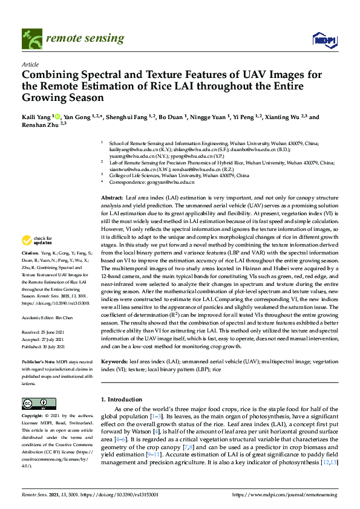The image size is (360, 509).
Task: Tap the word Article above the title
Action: coord(30,64)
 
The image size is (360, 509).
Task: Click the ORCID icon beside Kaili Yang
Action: coord(57,116)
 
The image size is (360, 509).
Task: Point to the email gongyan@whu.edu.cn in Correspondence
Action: coord(157,182)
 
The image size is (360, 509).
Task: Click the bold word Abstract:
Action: coord(112,198)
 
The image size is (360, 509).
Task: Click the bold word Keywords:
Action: coord(114,361)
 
